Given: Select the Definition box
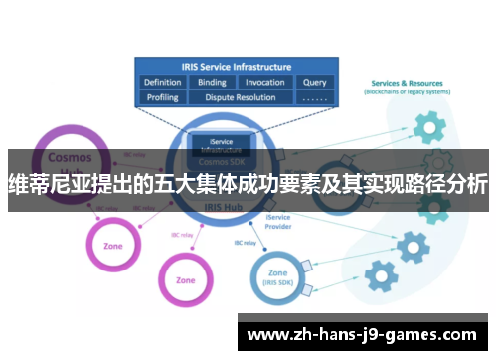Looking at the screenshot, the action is click(x=162, y=83).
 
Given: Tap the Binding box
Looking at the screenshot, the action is click(x=212, y=83).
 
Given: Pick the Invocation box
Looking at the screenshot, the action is click(x=264, y=83).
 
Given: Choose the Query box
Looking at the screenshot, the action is click(x=314, y=83).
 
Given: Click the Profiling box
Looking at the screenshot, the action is click(x=162, y=97).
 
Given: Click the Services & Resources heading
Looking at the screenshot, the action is click(x=407, y=83).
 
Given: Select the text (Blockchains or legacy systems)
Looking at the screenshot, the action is click(x=407, y=92).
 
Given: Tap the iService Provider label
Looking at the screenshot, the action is click(x=279, y=221).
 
